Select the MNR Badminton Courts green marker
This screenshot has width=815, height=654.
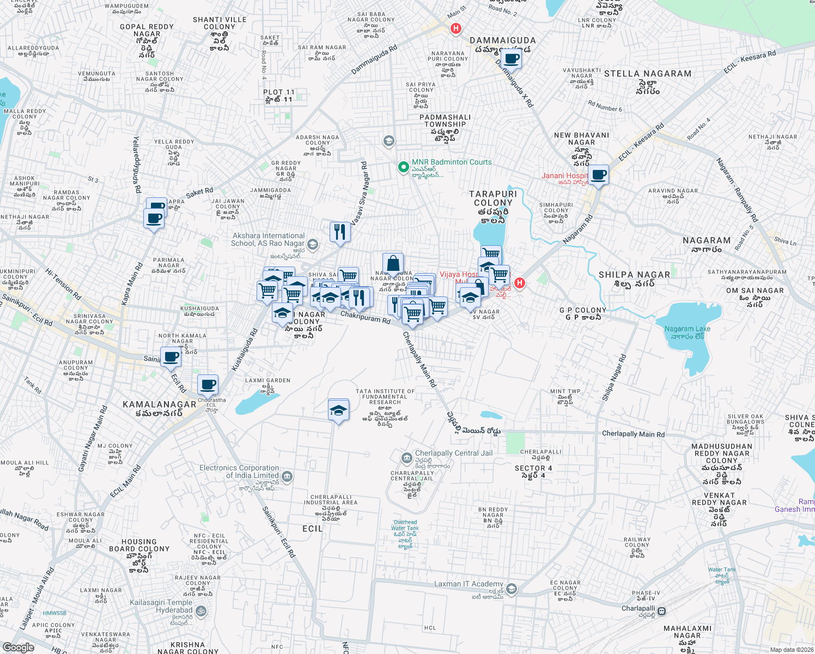(403, 167)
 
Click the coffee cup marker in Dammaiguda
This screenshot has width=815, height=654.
(510, 59)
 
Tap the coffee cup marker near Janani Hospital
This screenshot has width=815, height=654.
(598, 175)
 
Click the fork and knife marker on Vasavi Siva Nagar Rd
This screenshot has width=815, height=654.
(339, 232)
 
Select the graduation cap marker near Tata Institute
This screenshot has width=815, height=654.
(338, 410)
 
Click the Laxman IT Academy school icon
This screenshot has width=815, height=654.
(511, 589)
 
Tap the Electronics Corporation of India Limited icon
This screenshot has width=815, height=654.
(287, 477)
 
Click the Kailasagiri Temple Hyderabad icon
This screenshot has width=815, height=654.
(201, 611)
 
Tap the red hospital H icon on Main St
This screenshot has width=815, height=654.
(456, 28)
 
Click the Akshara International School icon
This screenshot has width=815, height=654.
(312, 244)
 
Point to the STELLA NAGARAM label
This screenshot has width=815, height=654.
(647, 74)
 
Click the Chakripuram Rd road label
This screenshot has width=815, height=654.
(366, 318)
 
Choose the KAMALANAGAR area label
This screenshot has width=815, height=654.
(159, 404)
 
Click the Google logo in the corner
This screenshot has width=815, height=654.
(18, 647)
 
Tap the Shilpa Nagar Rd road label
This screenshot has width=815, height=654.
(614, 378)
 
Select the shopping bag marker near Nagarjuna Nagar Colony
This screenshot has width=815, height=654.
(393, 264)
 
